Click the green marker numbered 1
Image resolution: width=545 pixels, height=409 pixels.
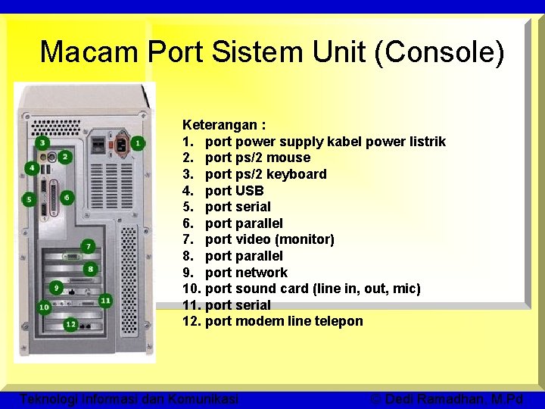tap(138, 142)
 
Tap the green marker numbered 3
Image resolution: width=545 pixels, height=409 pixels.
tap(42, 142)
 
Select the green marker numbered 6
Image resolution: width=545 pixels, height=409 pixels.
tap(67, 198)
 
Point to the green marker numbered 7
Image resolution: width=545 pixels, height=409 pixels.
tap(88, 247)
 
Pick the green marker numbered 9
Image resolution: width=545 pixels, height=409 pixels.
tap(57, 288)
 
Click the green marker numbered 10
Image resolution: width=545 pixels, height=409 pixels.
tap(43, 308)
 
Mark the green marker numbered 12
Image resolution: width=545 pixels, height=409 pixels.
tap(70, 324)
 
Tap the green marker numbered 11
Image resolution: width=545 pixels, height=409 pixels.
tap(105, 301)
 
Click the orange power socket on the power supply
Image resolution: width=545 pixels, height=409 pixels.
tap(114, 142)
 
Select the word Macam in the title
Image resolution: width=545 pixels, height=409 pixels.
tap(89, 52)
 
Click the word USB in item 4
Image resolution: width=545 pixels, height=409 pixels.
tap(249, 191)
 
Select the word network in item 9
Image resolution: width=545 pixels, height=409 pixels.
tap(261, 273)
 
